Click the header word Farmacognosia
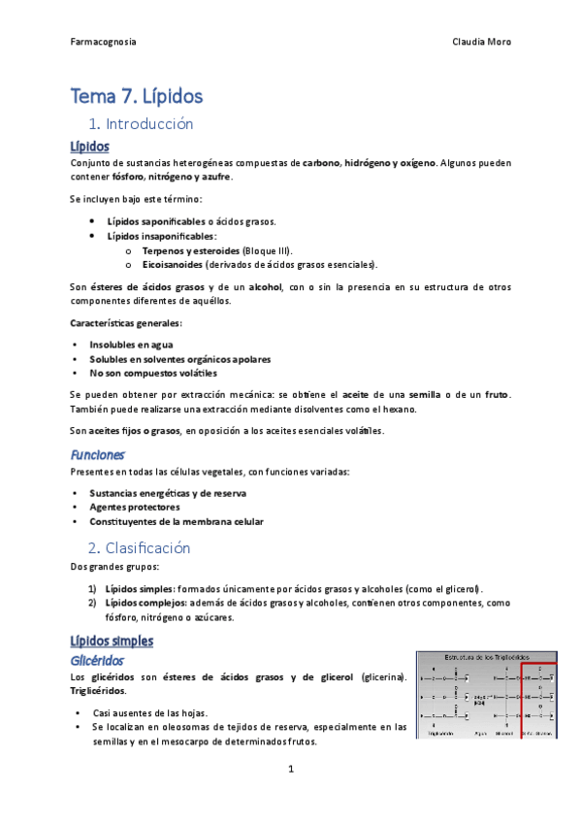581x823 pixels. (x=104, y=42)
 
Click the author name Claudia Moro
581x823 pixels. (x=482, y=42)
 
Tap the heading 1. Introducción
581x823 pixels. (x=141, y=124)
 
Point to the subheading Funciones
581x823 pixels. (x=97, y=454)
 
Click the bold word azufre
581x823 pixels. (x=216, y=178)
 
